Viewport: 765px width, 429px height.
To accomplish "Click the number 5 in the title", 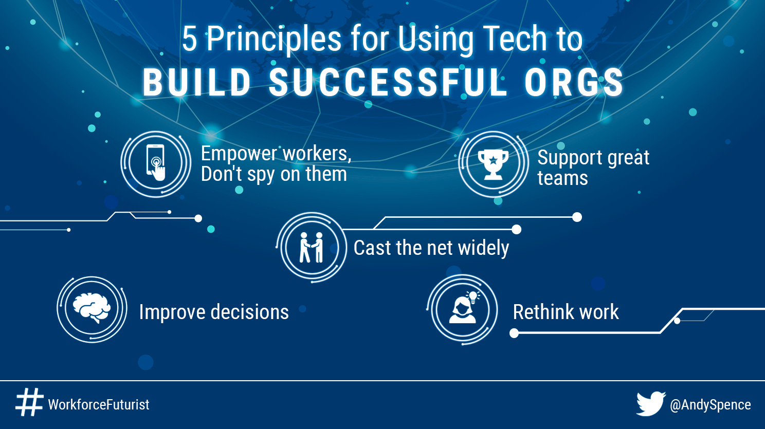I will (x=189, y=40).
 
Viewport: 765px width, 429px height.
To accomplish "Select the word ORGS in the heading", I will (x=574, y=83).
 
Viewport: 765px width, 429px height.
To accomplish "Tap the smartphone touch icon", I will (x=156, y=163).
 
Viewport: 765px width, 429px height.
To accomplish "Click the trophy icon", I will (x=493, y=164).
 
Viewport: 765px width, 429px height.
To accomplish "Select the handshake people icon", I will (x=312, y=248).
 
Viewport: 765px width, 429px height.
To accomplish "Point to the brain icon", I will (x=92, y=308).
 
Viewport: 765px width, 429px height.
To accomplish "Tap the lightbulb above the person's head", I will (x=472, y=296).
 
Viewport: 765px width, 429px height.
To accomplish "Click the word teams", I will (x=562, y=179).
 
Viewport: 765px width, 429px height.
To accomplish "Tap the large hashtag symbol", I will (x=29, y=402).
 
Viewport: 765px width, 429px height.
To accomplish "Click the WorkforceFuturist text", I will (x=99, y=405).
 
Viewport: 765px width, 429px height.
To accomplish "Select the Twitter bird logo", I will (x=650, y=403).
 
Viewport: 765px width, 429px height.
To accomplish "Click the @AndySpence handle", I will (x=710, y=405).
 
